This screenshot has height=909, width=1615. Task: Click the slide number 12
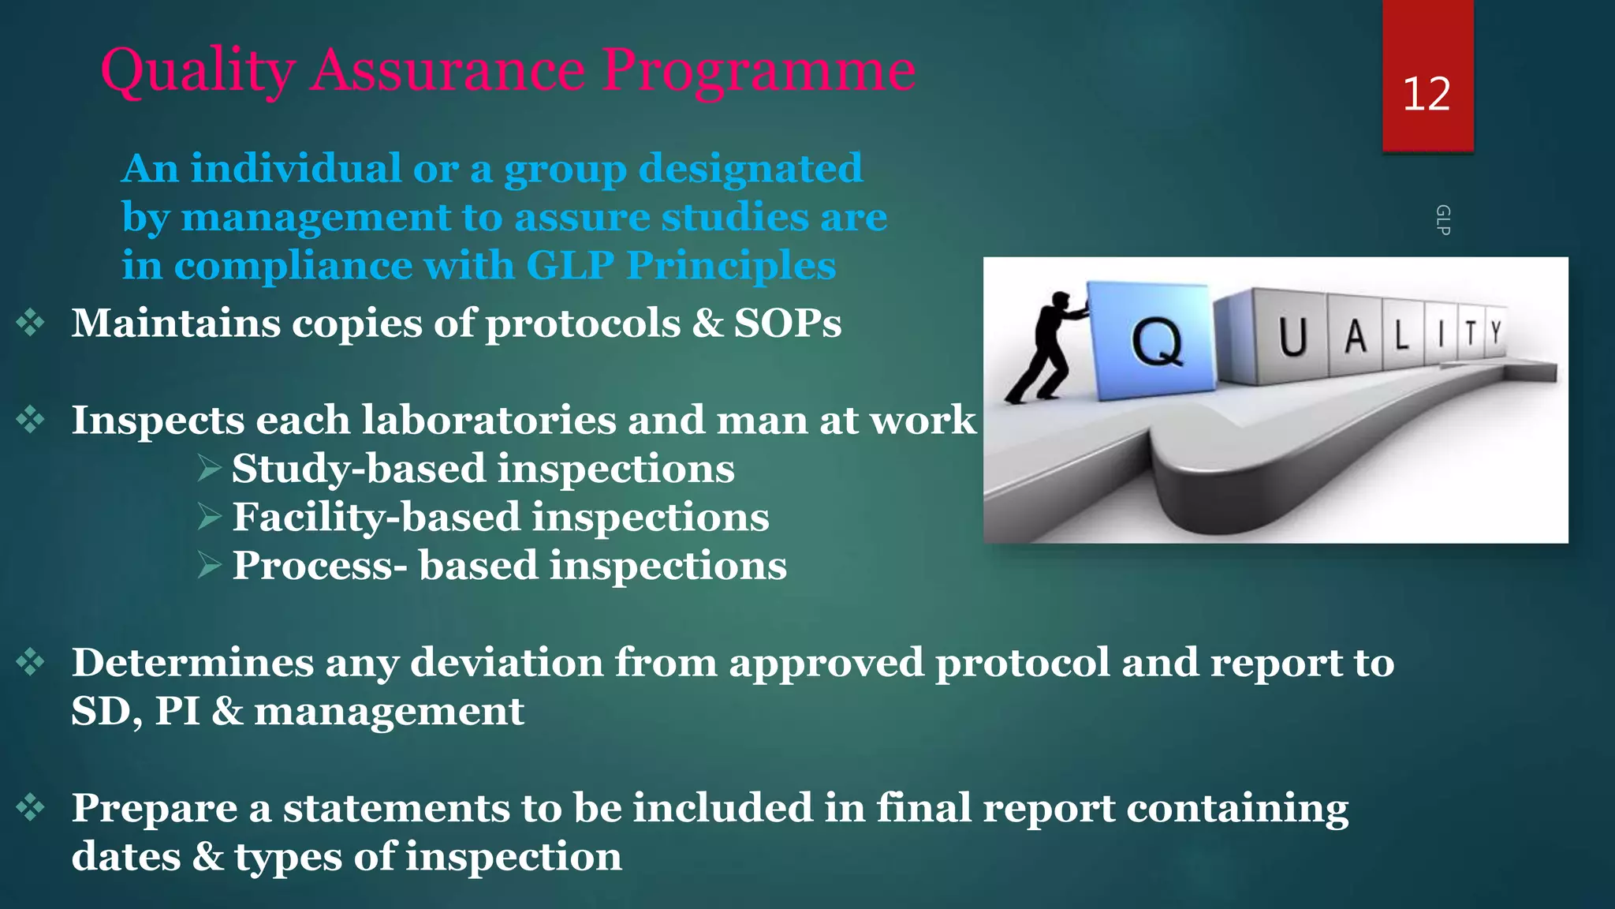click(1427, 94)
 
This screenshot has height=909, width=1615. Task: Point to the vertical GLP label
click(1442, 219)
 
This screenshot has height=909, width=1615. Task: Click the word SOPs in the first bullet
click(788, 323)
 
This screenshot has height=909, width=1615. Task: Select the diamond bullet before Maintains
click(31, 323)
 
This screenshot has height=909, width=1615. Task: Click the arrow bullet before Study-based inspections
click(209, 469)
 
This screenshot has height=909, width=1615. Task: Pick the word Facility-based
click(376, 518)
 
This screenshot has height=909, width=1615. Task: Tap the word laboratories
click(489, 420)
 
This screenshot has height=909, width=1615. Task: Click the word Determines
click(192, 662)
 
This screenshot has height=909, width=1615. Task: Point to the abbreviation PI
click(177, 711)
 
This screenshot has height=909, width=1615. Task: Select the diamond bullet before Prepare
click(31, 807)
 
